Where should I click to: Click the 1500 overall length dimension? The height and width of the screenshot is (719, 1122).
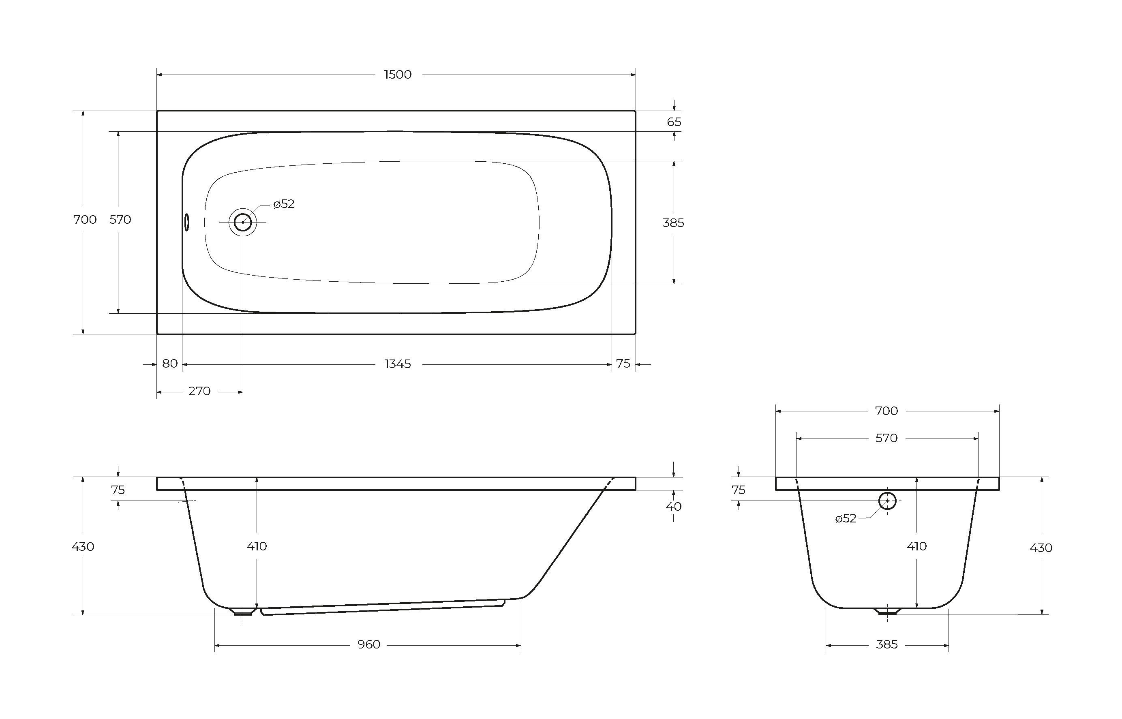398,75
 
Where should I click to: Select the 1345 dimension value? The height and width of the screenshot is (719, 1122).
398,364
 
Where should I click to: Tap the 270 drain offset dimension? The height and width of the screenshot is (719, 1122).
199,391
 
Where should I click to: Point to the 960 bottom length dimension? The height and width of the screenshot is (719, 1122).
369,644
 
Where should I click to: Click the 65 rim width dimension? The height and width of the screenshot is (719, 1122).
674,122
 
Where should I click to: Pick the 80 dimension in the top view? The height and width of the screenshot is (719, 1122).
170,364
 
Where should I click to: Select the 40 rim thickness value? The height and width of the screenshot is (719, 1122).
674,507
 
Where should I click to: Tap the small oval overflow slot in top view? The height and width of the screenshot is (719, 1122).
187,222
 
